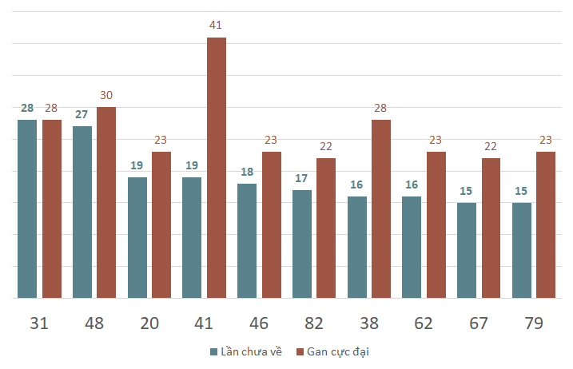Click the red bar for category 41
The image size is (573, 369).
point(217,168)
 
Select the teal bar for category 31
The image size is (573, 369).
point(27,209)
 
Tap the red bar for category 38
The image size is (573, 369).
point(381,209)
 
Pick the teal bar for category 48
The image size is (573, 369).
point(82,212)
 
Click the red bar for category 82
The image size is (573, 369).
point(326,228)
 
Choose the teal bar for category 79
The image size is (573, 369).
point(522,251)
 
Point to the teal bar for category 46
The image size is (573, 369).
point(247,241)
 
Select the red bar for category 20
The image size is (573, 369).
point(161,225)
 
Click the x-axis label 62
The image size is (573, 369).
point(424,323)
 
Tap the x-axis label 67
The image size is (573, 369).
point(479,323)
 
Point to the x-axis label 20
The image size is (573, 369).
point(149,323)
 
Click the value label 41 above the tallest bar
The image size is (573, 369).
point(216,25)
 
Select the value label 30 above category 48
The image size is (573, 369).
point(106,95)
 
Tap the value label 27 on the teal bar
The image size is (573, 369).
point(82,114)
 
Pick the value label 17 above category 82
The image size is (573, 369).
point(301,178)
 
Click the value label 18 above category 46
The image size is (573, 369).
point(247,172)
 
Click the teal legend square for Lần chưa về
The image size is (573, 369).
point(214,352)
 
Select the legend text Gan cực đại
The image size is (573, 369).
point(338,352)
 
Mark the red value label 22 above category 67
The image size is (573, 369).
point(491,146)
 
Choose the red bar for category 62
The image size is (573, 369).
point(436,225)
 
